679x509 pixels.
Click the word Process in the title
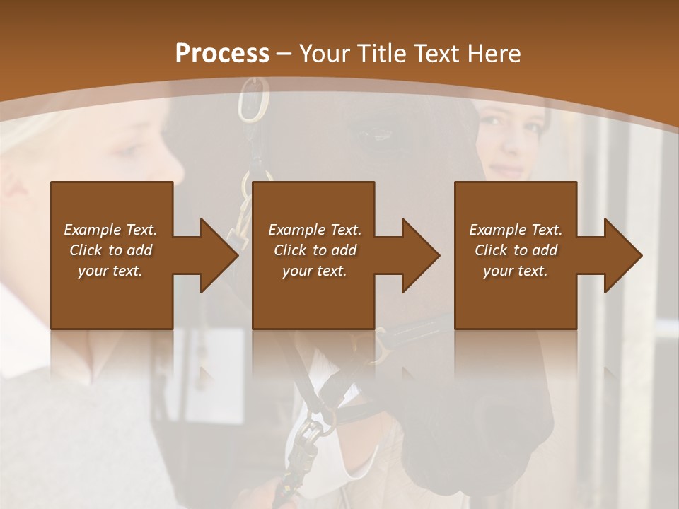tap(222, 54)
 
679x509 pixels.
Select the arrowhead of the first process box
tap(219, 256)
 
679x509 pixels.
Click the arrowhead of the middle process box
tap(421, 256)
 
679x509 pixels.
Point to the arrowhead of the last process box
tap(623, 256)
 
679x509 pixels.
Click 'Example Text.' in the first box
tap(111, 230)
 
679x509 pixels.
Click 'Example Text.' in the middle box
tap(315, 230)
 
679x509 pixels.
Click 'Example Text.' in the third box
tap(516, 230)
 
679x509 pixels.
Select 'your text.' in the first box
tap(111, 271)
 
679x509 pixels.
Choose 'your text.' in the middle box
tap(315, 271)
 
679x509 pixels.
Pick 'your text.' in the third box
tap(516, 271)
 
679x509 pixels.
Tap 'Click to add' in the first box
tap(111, 250)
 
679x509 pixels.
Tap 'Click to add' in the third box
tap(516, 250)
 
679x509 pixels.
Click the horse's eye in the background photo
tap(378, 134)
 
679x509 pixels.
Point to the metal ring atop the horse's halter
tap(252, 99)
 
